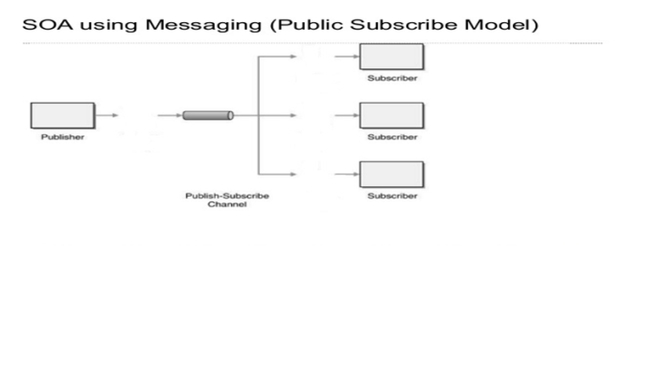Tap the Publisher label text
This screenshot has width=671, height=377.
[x=62, y=137]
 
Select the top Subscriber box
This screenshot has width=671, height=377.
[x=392, y=57]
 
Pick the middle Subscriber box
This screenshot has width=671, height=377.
[x=392, y=115]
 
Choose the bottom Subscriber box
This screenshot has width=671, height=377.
[x=392, y=175]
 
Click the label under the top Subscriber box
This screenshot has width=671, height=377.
[x=392, y=78]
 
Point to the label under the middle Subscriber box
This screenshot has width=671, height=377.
[x=392, y=137]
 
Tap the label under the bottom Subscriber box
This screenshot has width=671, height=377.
[x=392, y=196]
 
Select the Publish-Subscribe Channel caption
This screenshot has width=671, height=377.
[x=227, y=200]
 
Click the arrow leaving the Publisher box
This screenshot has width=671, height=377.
[x=106, y=115]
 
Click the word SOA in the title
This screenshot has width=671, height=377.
[x=41, y=24]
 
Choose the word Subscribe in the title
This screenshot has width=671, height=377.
[x=402, y=24]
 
